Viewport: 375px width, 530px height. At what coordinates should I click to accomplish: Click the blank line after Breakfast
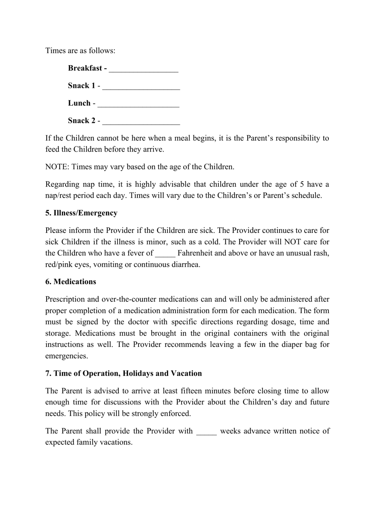(x=143, y=69)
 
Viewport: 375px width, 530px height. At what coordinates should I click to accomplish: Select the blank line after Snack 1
(x=141, y=86)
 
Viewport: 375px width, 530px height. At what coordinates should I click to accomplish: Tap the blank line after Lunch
(x=138, y=104)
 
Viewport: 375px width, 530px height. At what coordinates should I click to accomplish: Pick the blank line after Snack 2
(x=141, y=121)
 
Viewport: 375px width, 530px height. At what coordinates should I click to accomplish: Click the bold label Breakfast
(x=85, y=68)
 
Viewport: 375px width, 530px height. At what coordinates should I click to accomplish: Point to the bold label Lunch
(x=79, y=103)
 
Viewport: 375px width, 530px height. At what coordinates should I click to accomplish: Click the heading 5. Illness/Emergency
(x=81, y=213)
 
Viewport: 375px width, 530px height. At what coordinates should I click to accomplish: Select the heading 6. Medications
(x=71, y=282)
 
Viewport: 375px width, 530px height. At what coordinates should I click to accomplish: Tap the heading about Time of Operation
(x=124, y=373)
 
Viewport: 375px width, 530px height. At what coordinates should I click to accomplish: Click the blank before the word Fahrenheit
(x=165, y=254)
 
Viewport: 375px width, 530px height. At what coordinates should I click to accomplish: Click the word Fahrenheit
(x=196, y=253)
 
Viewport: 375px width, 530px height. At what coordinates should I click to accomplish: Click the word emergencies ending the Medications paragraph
(x=66, y=356)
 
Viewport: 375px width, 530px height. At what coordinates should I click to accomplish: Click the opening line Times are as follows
(x=81, y=51)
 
